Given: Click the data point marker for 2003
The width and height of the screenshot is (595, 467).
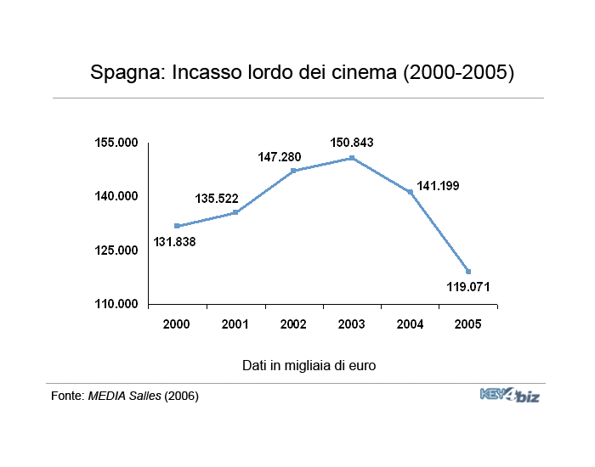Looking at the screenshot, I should [x=351, y=158].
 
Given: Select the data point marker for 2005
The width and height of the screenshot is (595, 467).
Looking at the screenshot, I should [x=468, y=272].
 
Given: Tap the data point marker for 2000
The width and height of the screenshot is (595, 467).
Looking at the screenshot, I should [x=177, y=226].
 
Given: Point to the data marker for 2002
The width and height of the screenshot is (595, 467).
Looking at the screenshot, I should [x=293, y=171].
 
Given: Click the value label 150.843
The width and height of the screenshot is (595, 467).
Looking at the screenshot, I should [x=352, y=142].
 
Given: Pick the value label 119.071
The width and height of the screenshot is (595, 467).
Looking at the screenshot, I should [x=468, y=286].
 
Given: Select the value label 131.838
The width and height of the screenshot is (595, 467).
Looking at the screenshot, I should [x=175, y=242].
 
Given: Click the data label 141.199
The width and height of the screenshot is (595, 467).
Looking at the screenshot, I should [x=438, y=185].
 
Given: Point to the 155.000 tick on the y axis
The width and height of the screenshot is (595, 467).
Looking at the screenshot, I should [x=117, y=143].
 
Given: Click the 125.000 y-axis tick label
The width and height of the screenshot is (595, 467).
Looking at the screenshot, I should [x=117, y=250].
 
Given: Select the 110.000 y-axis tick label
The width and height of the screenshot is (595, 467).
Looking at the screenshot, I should [x=117, y=304].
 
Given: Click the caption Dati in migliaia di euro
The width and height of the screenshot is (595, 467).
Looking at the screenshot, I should [x=309, y=366].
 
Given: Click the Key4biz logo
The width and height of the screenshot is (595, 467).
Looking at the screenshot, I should [x=510, y=395].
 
